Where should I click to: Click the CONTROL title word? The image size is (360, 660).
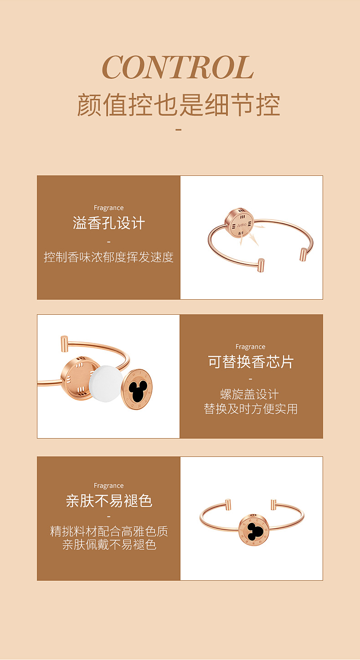178,67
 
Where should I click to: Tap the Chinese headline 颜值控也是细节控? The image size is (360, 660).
178,105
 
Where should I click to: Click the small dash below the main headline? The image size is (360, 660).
178,129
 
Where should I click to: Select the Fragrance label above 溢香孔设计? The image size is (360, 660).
108,208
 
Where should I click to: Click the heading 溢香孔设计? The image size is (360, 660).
108,223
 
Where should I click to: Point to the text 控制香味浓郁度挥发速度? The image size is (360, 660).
108,257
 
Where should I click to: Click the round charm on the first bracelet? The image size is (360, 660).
239,223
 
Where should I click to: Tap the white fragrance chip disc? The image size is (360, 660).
106,384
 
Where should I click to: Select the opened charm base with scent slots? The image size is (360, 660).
78,378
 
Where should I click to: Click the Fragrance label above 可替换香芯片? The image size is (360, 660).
250,347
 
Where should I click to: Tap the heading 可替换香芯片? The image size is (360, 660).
251,362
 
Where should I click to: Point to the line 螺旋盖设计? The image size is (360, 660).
250,394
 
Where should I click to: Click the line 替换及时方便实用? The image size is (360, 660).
251,409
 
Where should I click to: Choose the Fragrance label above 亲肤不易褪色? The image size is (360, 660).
108,486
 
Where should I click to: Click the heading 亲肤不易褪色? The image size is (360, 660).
109,501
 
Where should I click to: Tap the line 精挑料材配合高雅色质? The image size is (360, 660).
109,531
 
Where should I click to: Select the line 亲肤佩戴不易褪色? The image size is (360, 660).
109,544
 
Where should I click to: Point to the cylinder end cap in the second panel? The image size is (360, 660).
64,343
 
